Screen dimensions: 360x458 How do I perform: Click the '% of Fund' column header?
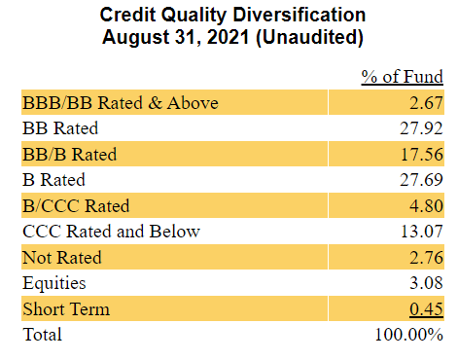click(403, 76)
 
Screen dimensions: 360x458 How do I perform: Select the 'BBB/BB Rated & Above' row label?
click(120, 102)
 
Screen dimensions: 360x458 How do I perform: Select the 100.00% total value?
click(409, 335)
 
